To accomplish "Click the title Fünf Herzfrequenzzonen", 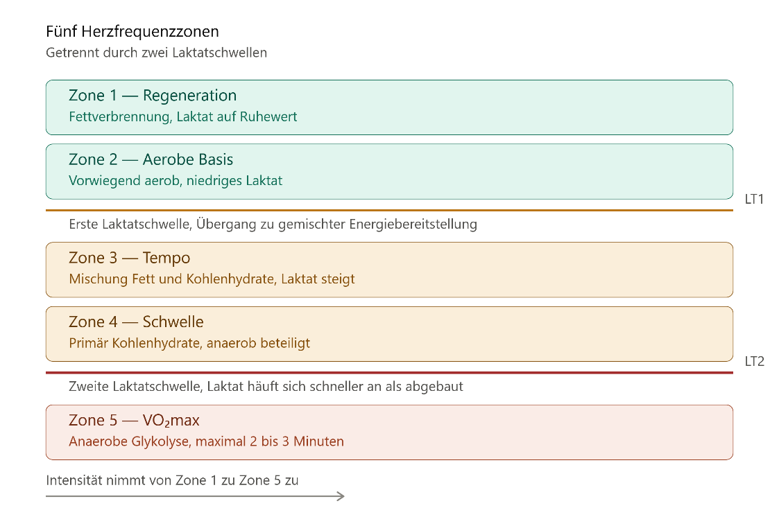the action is [132, 32].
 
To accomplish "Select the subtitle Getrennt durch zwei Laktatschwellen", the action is [157, 53].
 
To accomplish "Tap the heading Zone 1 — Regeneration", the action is [153, 95].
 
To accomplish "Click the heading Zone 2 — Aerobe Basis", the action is [151, 159].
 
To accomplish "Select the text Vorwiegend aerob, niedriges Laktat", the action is [176, 181].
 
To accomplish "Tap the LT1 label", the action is [754, 199].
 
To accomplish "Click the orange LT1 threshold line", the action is [390, 211].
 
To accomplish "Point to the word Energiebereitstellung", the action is [413, 225].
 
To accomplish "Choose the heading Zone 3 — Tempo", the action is [129, 258].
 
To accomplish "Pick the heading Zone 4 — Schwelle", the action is [136, 322].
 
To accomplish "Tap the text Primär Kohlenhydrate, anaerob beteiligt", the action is [189, 343].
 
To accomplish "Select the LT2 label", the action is [754, 361].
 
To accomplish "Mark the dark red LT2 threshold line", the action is [390, 373].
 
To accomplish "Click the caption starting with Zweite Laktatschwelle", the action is [266, 387].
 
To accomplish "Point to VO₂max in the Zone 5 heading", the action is [171, 420].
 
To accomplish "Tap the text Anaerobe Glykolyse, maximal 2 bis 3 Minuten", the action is [206, 441].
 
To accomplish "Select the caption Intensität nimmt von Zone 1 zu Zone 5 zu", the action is [172, 480].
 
